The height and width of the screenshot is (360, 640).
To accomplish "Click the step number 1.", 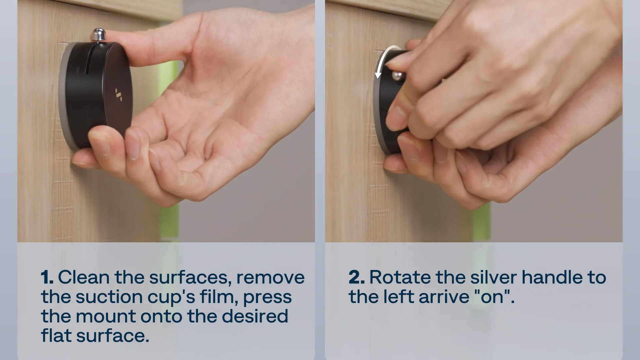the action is [47, 277].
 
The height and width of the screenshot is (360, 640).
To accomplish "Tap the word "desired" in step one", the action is [255, 316].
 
